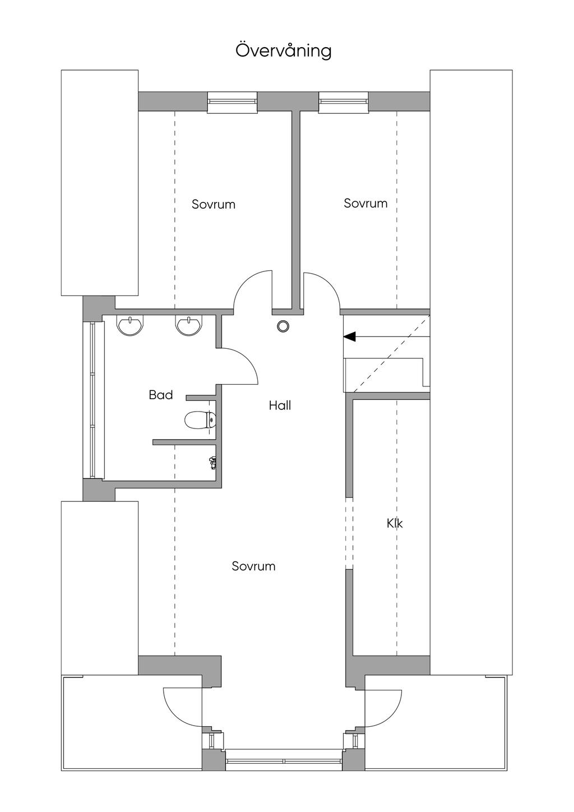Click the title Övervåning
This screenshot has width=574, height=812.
[x=284, y=50]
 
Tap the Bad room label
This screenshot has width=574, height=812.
[x=160, y=395]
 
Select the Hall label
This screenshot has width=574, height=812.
[x=280, y=405]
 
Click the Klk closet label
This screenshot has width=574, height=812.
[x=395, y=523]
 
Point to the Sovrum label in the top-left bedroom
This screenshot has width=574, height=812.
[x=214, y=204]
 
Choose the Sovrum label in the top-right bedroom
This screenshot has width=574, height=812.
[x=365, y=203]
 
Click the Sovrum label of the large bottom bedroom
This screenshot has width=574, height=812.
[x=254, y=566]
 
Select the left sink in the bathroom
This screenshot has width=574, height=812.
[x=130, y=325]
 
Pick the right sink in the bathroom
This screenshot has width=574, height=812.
[x=188, y=325]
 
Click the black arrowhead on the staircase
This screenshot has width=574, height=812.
[x=349, y=336]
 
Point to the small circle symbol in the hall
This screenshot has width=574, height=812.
[x=283, y=326]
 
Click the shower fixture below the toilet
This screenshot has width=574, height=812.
[x=212, y=463]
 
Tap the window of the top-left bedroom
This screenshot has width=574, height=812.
[x=232, y=103]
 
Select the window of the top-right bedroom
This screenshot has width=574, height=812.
[x=344, y=103]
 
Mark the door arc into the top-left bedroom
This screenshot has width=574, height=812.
[x=243, y=282]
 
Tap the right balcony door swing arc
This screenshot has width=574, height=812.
[x=391, y=716]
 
